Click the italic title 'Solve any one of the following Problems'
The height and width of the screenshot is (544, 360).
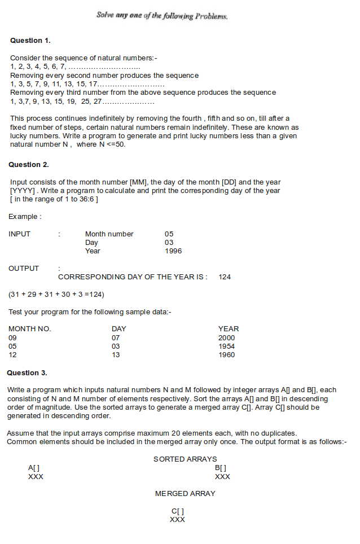point(162,16)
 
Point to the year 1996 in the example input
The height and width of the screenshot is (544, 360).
point(173,251)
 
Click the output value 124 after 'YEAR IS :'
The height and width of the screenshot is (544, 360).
point(225,277)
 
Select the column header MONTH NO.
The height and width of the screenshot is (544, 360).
point(29,329)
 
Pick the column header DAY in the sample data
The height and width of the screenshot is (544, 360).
point(119,329)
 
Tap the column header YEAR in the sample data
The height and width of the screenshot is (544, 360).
point(228,329)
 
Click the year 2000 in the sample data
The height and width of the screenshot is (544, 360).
point(226,338)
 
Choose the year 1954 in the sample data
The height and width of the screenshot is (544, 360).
point(226,346)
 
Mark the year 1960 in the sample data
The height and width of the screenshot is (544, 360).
point(226,355)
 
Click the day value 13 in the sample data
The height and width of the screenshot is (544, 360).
point(116,355)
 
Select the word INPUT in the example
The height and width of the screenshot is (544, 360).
point(20,234)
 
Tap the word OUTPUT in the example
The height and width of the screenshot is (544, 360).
point(24,269)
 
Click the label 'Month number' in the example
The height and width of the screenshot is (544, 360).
point(109,234)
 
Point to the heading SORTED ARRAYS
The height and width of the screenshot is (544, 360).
point(185,459)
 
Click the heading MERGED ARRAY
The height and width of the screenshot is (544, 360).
point(185,494)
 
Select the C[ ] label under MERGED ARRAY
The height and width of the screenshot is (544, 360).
point(177,511)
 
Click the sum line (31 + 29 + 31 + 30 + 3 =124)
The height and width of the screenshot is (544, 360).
point(56,295)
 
